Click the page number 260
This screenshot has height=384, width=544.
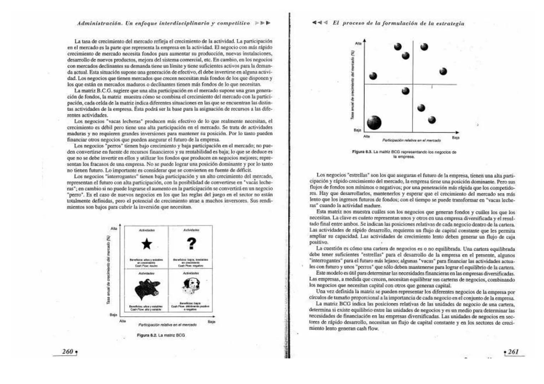(68, 352)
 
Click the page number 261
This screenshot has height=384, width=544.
(513, 352)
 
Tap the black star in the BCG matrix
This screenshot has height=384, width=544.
(147, 244)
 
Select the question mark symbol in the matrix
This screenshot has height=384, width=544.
(191, 244)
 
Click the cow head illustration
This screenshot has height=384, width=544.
(147, 288)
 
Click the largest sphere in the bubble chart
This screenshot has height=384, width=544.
(374, 123)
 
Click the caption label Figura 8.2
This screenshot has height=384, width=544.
(147, 335)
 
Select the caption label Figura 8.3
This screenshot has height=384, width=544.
(362, 152)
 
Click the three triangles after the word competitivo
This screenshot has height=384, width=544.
(263, 23)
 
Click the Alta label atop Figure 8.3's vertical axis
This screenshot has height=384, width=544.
(358, 43)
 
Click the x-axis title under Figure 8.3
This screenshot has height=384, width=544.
(411, 140)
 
